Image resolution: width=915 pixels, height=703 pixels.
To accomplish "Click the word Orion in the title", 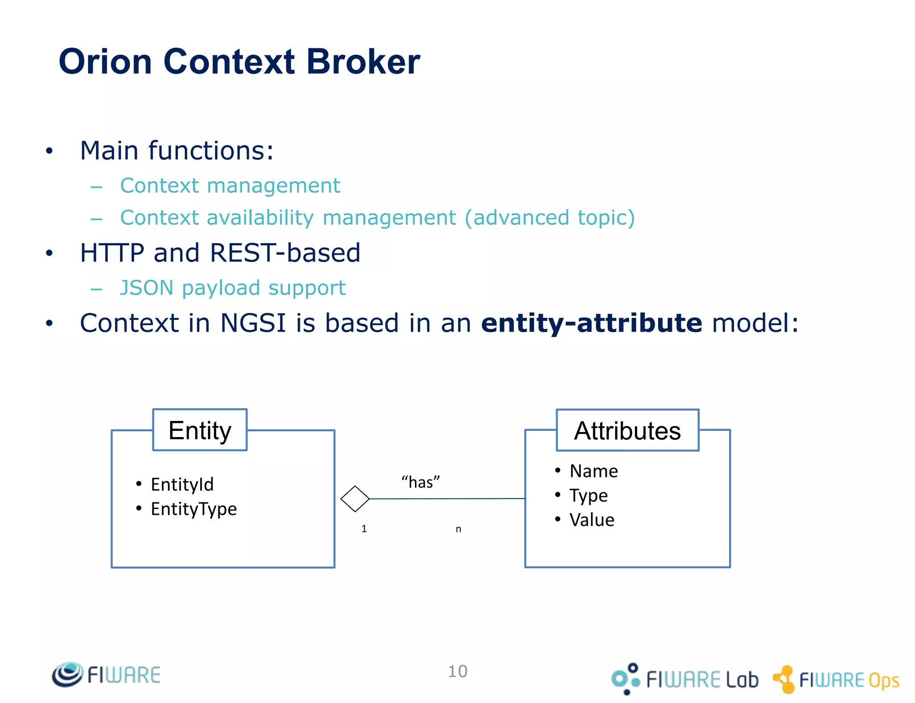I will (x=105, y=62).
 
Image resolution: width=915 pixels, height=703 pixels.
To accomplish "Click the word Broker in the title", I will (x=363, y=62).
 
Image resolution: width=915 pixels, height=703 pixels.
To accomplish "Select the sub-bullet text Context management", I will (x=230, y=185).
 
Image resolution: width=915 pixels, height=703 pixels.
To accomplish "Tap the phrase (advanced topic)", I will (x=550, y=218).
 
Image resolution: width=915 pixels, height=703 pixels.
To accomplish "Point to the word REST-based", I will (x=285, y=253).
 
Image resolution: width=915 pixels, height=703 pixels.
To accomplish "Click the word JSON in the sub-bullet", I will (x=147, y=288).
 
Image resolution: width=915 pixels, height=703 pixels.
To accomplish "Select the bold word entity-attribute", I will (x=592, y=323).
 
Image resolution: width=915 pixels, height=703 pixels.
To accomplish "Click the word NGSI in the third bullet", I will (x=253, y=323).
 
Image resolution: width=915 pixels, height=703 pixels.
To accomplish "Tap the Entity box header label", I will (x=200, y=430).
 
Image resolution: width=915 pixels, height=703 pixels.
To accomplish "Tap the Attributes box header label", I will (x=627, y=431).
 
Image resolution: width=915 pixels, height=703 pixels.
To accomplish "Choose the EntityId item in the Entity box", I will (x=182, y=484).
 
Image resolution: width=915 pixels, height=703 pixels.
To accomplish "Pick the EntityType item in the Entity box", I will (x=193, y=509).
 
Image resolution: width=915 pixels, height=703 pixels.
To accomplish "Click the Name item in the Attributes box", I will (x=593, y=471).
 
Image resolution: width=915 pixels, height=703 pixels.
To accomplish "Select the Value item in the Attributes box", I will (x=592, y=520).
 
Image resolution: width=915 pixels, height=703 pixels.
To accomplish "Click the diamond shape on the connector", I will (x=355, y=499).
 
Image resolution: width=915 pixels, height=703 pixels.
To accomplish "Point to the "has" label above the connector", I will (x=420, y=482).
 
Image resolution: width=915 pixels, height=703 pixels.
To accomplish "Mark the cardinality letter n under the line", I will (x=458, y=530).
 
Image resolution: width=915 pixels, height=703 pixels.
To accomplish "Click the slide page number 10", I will (x=457, y=671).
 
